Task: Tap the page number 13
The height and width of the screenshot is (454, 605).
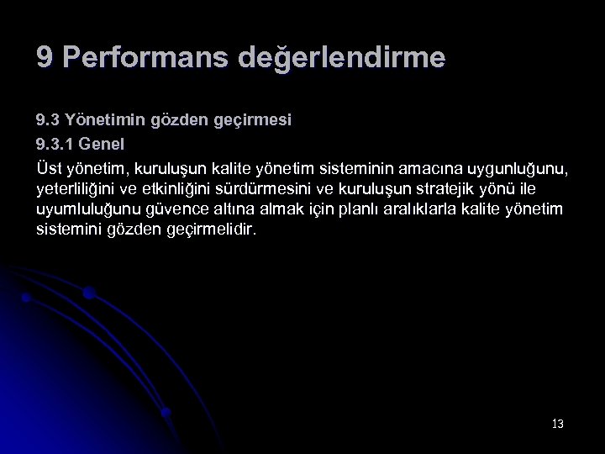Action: (558, 424)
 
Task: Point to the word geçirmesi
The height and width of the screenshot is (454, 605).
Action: (254, 121)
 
